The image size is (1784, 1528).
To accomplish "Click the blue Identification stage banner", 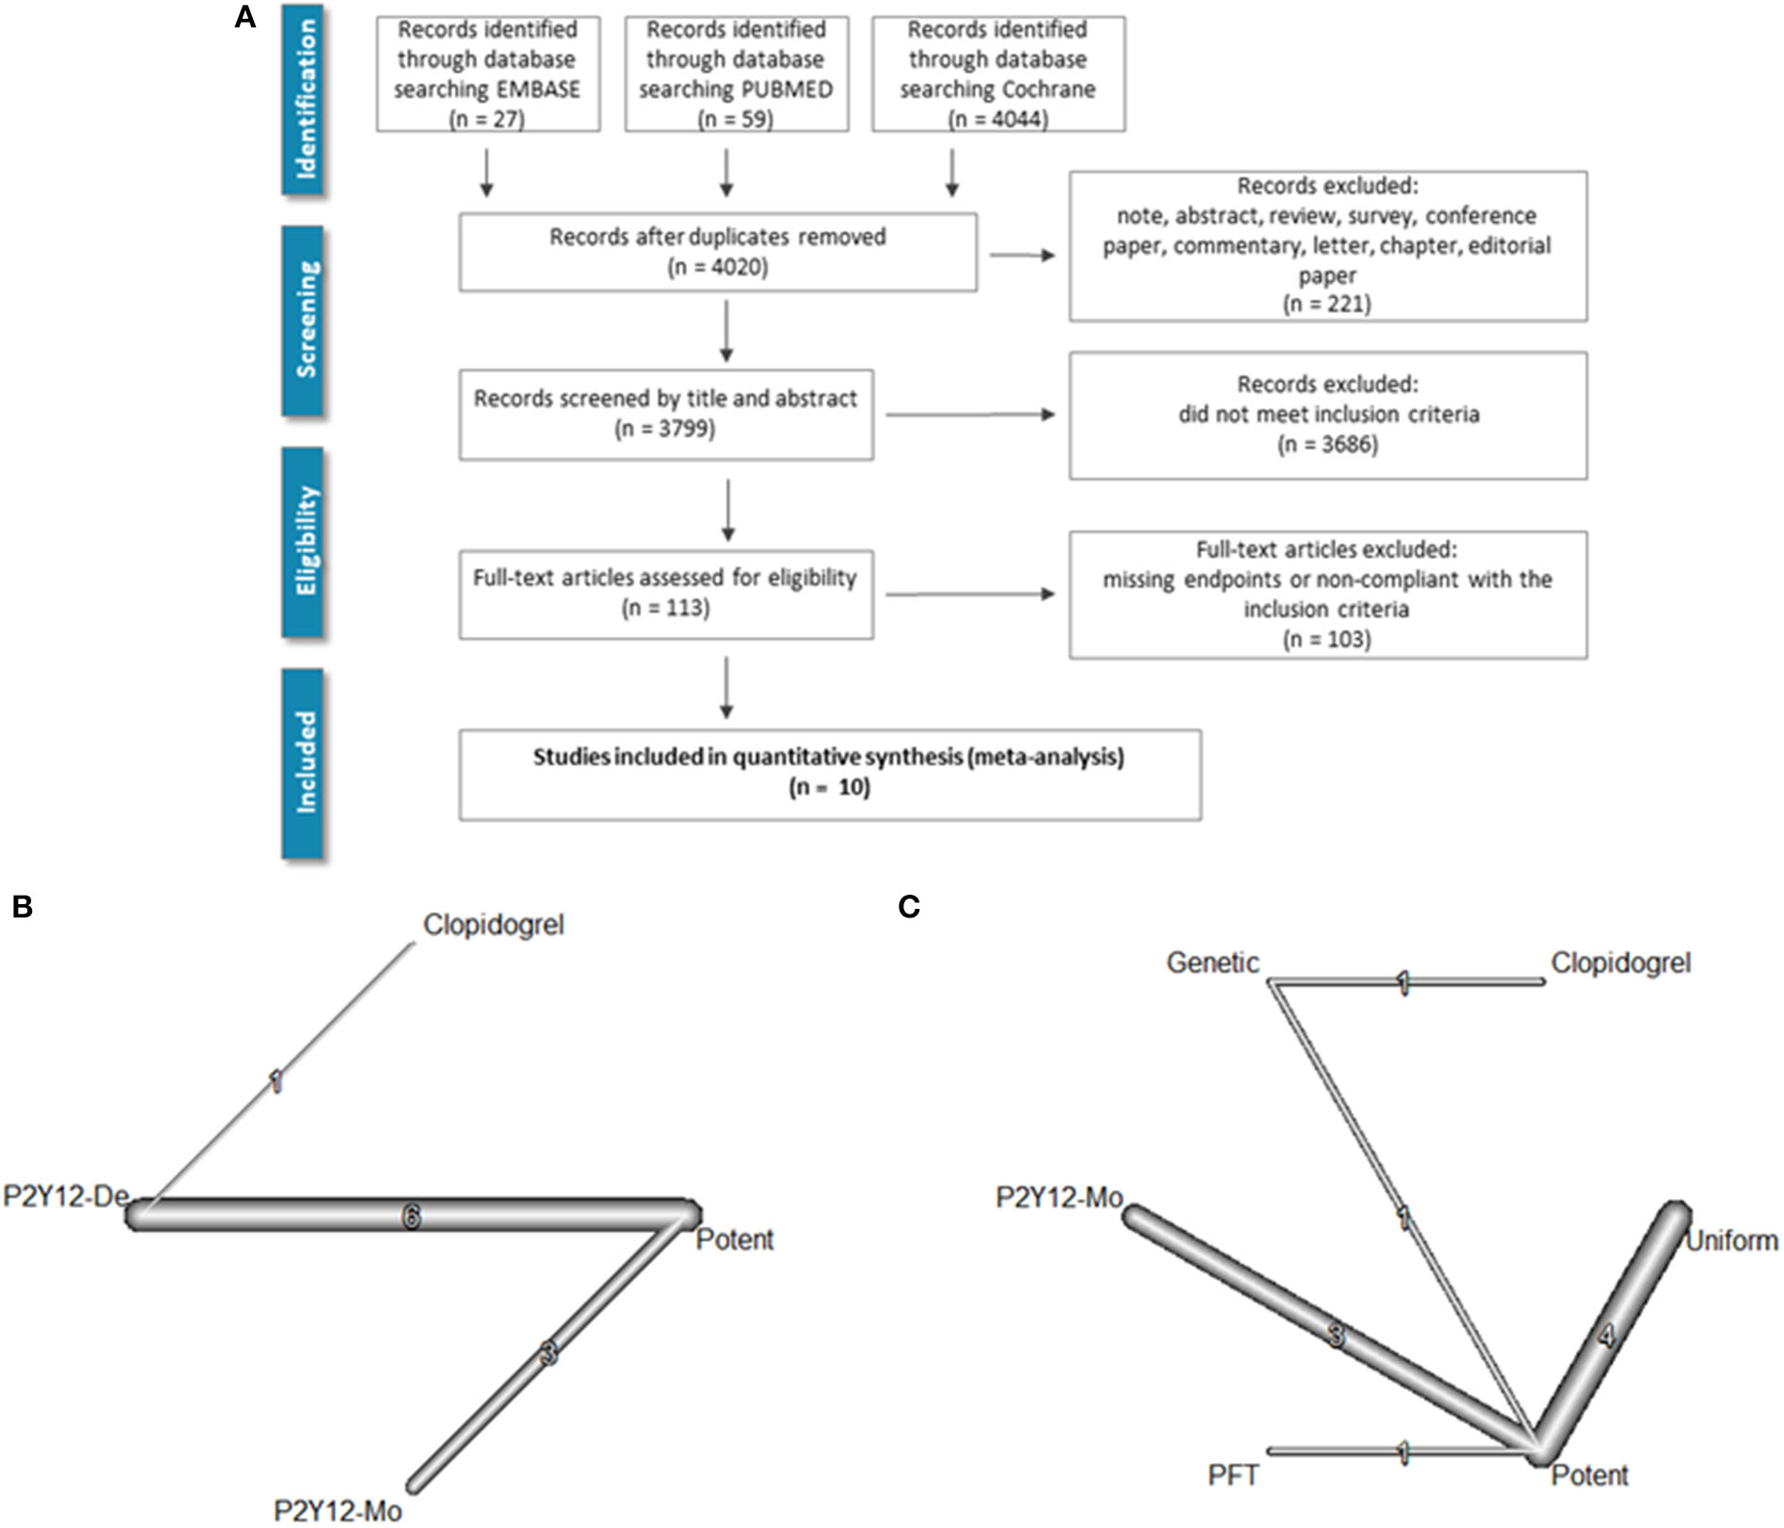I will tap(303, 99).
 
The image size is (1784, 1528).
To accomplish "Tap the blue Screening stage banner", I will tap(303, 320).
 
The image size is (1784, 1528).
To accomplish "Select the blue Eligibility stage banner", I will tap(303, 542).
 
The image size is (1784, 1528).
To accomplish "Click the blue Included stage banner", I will tap(303, 763).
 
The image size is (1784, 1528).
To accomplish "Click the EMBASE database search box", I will tap(487, 74).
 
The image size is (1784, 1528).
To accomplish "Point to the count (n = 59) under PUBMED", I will tap(735, 119).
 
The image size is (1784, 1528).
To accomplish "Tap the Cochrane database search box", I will tap(998, 74).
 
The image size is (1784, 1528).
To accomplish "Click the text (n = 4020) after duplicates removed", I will tap(717, 267).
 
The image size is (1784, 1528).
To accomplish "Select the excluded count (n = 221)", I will tap(1326, 304).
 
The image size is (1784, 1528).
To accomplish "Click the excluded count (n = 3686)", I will tap(1326, 445).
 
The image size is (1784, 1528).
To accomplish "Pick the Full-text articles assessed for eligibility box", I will tap(665, 594).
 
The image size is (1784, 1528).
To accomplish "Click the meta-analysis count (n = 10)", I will tap(829, 787).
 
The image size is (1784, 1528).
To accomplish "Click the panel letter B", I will tap(23, 907).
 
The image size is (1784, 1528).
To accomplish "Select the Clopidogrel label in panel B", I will tap(493, 925).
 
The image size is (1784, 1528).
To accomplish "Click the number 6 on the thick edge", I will tap(411, 1217).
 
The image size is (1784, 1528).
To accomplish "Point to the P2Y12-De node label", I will tap(65, 1197).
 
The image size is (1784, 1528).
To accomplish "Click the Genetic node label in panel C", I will tap(1212, 964).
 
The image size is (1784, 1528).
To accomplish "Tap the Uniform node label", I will tap(1731, 1240).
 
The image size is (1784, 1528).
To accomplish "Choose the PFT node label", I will tap(1233, 1475).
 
